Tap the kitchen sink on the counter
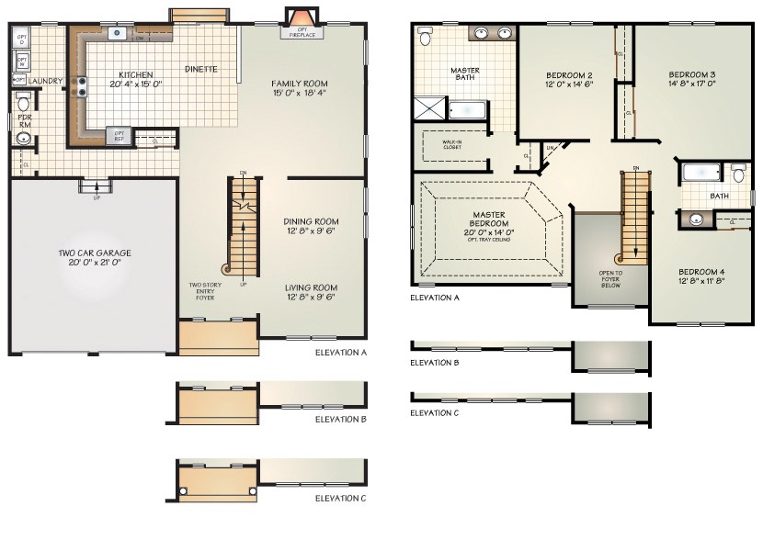click(118, 34)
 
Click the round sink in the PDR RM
click(24, 139)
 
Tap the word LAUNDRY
click(45, 81)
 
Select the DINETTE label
click(200, 69)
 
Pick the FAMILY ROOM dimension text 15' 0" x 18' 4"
click(299, 94)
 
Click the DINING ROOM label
click(311, 221)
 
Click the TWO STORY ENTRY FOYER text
click(205, 291)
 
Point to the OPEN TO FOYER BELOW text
click(610, 278)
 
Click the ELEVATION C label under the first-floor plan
click(340, 498)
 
